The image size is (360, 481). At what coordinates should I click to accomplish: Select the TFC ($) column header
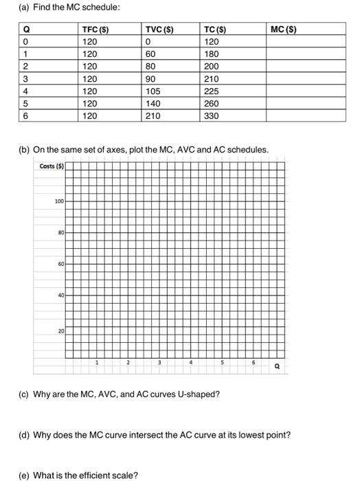pyautogui.click(x=94, y=30)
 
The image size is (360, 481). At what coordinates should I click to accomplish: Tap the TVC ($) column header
pyautogui.click(x=159, y=30)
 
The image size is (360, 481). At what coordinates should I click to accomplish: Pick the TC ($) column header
pyautogui.click(x=218, y=30)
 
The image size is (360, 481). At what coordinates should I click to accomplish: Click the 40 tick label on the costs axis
pyautogui.click(x=61, y=295)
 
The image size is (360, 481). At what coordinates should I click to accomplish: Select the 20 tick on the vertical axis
pyautogui.click(x=61, y=331)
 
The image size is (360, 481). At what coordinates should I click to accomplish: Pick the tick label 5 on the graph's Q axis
pyautogui.click(x=222, y=362)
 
